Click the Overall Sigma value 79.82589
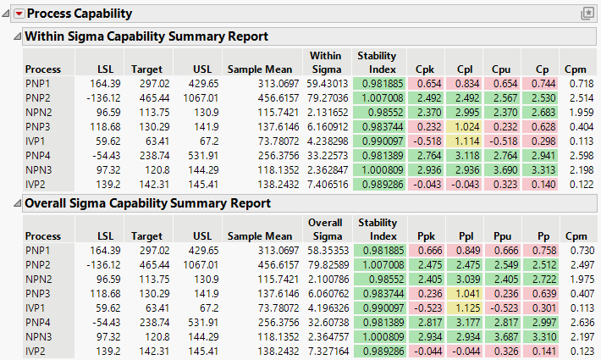click(x=325, y=265)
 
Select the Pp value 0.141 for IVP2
click(x=539, y=352)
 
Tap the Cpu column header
click(x=504, y=69)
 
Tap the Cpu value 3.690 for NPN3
click(x=503, y=170)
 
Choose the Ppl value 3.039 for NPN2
click(x=466, y=280)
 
